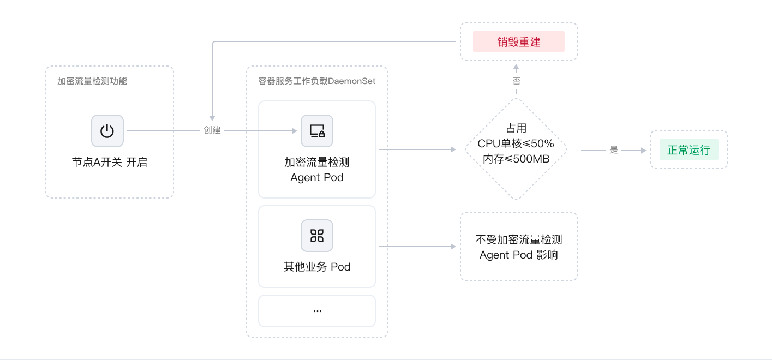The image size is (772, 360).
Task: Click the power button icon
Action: click(107, 131)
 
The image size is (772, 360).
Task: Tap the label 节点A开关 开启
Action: click(110, 163)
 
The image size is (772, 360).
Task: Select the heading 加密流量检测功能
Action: click(92, 81)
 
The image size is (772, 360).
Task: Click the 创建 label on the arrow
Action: click(212, 131)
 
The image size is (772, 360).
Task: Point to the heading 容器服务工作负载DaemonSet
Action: click(316, 81)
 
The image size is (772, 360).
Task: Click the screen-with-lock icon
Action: click(317, 131)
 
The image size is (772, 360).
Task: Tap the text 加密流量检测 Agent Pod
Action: click(317, 170)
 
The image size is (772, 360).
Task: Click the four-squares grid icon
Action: click(317, 236)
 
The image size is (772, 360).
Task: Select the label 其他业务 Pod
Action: click(317, 267)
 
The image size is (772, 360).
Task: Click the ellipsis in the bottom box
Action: click(317, 310)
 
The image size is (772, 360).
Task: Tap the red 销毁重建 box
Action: click(518, 41)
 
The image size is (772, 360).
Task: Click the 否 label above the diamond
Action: click(516, 81)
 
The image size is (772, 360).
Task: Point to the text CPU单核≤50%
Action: click(516, 144)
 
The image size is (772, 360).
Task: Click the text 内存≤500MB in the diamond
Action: click(516, 159)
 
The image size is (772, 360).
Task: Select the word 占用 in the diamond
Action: click(516, 129)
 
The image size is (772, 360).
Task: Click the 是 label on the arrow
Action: click(614, 150)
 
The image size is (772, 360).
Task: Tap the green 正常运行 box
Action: click(689, 150)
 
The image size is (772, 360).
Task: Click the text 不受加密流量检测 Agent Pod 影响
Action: click(518, 247)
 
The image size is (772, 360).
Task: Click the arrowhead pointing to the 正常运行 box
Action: click(642, 150)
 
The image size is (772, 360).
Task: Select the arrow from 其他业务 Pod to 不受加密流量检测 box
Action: click(417, 247)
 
